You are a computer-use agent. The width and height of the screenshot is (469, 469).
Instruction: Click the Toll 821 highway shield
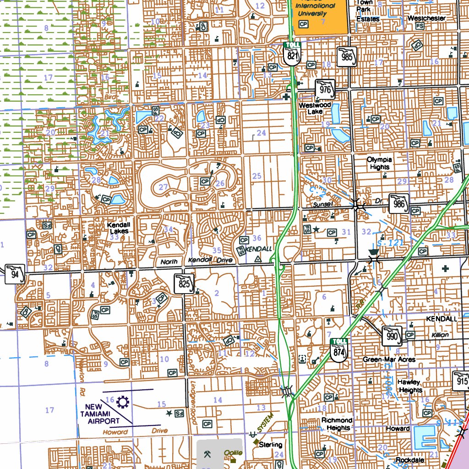pyautogui.click(x=292, y=54)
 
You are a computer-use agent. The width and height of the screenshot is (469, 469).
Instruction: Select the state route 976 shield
pyautogui.click(x=325, y=89)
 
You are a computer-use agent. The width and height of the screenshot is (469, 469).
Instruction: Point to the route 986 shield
pyautogui.click(x=398, y=203)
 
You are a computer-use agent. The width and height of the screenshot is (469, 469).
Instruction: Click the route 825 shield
pyautogui.click(x=184, y=284)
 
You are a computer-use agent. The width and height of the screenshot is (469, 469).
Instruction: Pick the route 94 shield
pyautogui.click(x=15, y=274)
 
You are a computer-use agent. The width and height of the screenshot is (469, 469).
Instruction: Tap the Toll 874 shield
pyautogui.click(x=339, y=350)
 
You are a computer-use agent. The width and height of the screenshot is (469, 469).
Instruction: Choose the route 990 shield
pyautogui.click(x=392, y=336)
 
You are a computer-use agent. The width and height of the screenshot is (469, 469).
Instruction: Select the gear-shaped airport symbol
pyautogui.click(x=123, y=403)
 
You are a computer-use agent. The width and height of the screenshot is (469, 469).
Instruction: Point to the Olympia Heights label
pyautogui.click(x=379, y=164)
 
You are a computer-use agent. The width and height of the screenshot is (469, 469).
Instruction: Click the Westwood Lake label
pyautogui.click(x=315, y=109)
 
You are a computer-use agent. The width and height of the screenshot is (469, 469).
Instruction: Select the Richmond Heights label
pyautogui.click(x=337, y=424)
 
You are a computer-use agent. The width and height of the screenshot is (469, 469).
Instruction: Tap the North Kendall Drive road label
pyautogui.click(x=196, y=261)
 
